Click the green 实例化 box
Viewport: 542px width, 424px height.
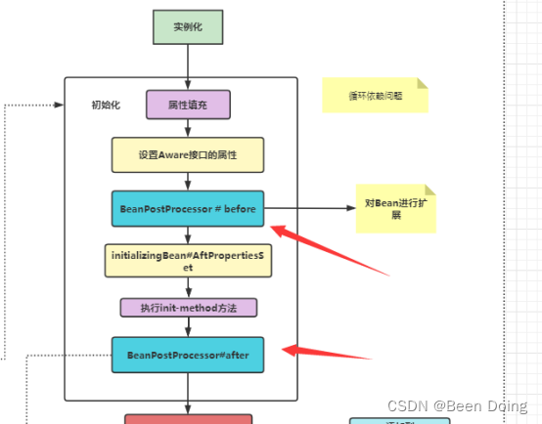(x=188, y=26)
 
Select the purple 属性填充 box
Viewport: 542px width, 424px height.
(x=188, y=104)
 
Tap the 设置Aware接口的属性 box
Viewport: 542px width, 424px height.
(x=188, y=154)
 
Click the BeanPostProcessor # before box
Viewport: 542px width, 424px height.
(x=188, y=208)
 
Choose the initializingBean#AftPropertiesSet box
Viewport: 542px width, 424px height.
(x=188, y=260)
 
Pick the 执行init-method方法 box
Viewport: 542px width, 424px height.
(x=188, y=308)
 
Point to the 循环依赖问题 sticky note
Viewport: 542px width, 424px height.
(x=375, y=96)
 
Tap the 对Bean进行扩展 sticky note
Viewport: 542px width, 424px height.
(x=395, y=208)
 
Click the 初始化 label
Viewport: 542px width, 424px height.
(x=106, y=105)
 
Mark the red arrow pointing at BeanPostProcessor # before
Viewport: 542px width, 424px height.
(x=313, y=244)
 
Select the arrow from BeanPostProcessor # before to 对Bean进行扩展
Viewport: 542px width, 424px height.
(x=309, y=208)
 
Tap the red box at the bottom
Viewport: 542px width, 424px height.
(x=188, y=419)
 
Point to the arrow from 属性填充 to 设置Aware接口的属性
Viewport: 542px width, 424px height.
(x=188, y=128)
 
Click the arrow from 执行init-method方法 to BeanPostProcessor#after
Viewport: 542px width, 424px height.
(x=188, y=327)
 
